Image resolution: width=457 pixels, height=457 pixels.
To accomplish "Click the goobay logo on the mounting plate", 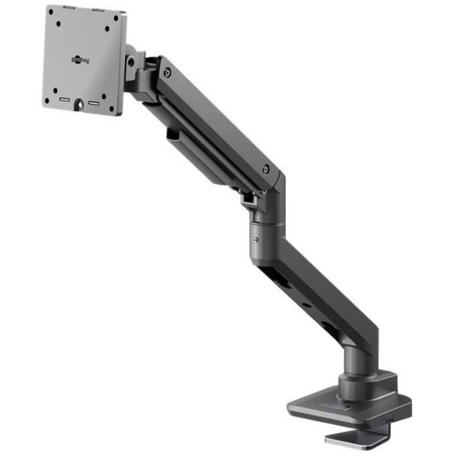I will [x=80, y=60].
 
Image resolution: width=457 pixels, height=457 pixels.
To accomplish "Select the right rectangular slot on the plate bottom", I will [x=94, y=103].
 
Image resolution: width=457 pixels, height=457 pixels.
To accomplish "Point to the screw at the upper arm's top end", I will [x=168, y=73].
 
